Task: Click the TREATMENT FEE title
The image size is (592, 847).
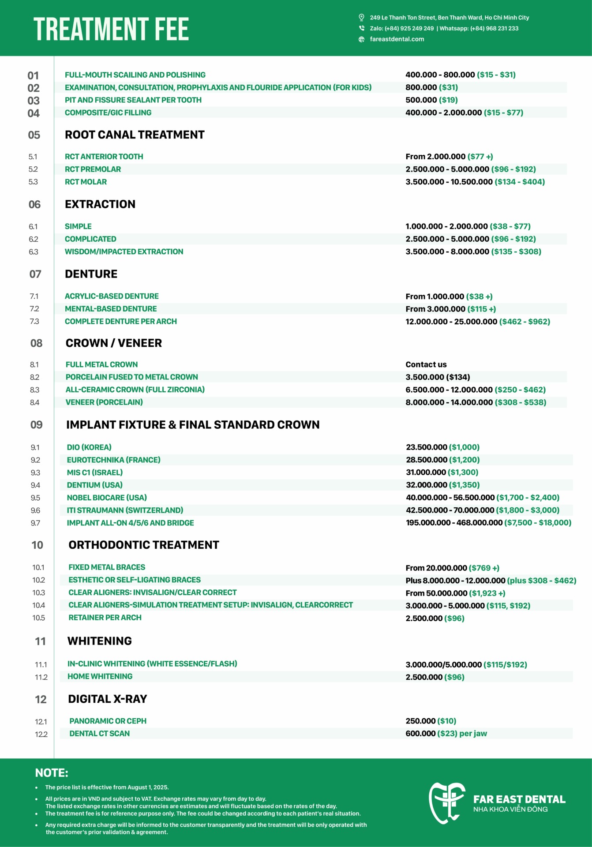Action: tap(111, 29)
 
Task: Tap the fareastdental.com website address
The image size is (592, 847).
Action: tap(397, 39)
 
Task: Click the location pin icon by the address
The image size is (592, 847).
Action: tap(361, 18)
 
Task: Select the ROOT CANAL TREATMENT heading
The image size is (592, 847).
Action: tap(135, 135)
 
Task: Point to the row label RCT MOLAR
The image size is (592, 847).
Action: tap(86, 182)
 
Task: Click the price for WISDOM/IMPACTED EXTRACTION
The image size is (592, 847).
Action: tap(473, 252)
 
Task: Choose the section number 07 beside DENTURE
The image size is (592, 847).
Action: tap(35, 274)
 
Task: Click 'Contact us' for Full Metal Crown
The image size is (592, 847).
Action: tap(426, 365)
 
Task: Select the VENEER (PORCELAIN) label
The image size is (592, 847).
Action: tap(104, 402)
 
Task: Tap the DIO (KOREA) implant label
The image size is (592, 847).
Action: tap(89, 447)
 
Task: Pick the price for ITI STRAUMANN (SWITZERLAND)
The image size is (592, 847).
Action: tap(482, 510)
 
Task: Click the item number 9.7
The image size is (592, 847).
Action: tap(35, 523)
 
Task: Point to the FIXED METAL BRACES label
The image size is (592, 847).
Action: tap(107, 567)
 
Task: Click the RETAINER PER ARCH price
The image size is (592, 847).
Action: tap(435, 618)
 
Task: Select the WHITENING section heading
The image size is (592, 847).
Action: tap(100, 641)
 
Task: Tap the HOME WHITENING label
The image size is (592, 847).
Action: tap(100, 677)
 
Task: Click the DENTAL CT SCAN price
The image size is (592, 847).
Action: tap(446, 734)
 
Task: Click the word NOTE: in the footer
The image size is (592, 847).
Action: tap(52, 773)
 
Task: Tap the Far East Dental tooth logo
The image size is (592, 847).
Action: tap(446, 803)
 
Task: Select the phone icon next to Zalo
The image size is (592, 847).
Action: tap(361, 28)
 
